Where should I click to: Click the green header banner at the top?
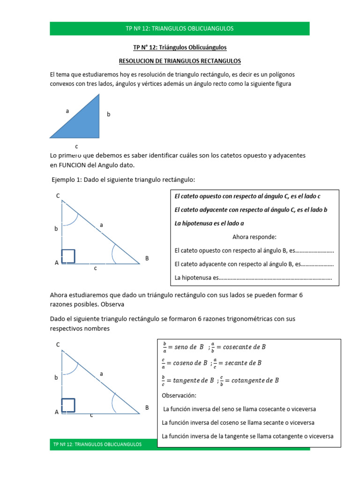point(180,29)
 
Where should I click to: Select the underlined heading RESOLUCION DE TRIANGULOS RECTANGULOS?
point(180,61)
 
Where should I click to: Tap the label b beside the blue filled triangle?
point(108,114)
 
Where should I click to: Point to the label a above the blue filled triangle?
point(67,112)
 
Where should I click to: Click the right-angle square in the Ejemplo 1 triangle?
point(68,256)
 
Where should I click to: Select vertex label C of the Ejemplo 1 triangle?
point(58,196)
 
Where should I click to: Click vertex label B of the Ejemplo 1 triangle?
point(147,258)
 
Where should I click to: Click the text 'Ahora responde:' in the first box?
point(255,237)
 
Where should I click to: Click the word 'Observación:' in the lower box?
point(179,396)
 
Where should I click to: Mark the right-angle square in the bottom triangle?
point(68,406)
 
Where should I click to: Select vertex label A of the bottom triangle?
point(57,412)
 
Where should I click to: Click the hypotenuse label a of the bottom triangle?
point(101,374)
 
